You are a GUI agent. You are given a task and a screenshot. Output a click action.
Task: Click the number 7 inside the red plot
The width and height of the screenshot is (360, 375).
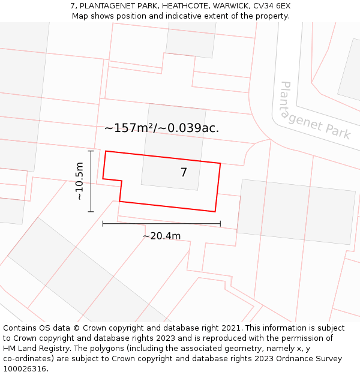[x=184, y=173]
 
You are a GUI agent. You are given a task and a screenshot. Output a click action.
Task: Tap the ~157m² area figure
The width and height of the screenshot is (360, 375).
[x=128, y=128]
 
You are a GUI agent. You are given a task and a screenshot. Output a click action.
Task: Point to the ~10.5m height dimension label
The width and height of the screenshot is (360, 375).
[x=79, y=181]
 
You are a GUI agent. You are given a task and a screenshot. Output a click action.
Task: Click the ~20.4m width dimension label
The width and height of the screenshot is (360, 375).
[x=161, y=236]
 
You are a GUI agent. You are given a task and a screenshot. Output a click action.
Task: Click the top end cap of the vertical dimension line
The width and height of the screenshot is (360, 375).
[x=91, y=151]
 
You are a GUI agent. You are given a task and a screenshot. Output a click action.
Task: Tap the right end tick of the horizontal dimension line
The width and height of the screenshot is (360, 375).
[x=220, y=224]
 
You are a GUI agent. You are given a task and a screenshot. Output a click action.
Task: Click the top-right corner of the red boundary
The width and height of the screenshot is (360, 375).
[x=220, y=163]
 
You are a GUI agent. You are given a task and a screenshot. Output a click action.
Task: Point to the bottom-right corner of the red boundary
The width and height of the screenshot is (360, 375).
[x=215, y=211]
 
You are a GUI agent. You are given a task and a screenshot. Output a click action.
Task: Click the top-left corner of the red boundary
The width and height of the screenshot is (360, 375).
[x=106, y=151]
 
